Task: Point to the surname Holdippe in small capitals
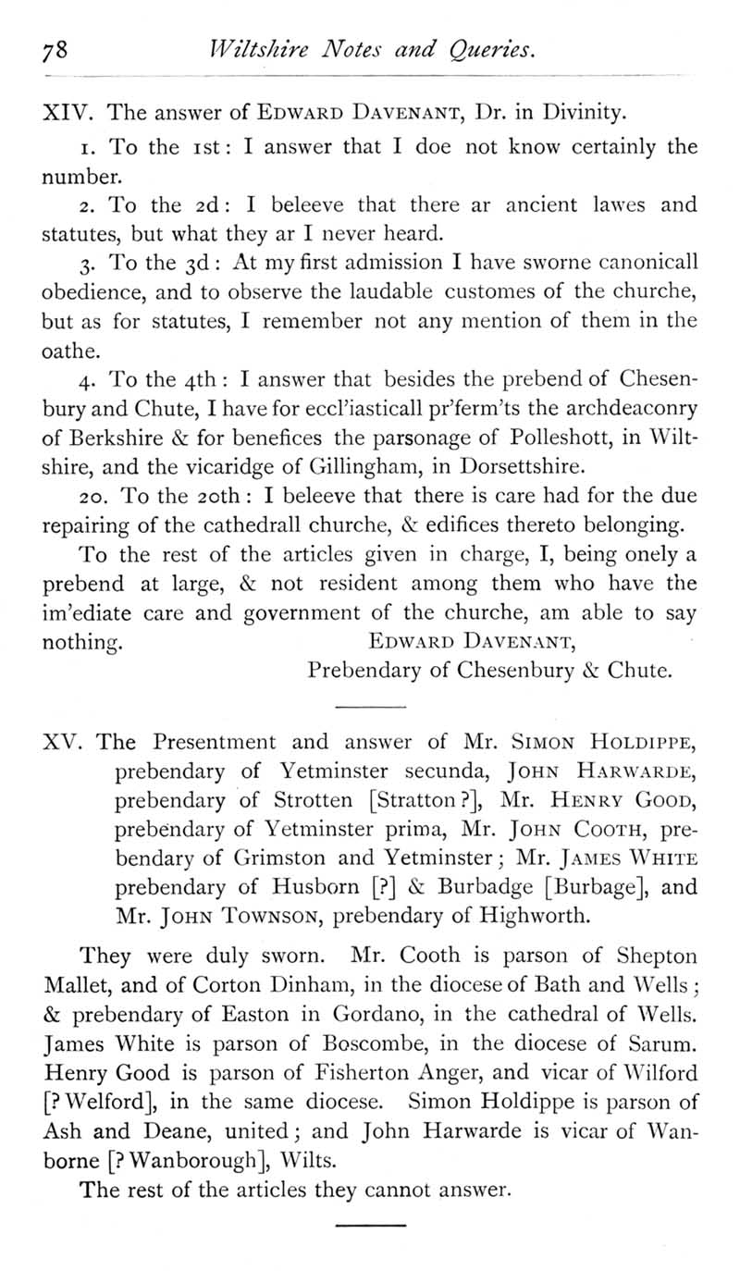click(x=634, y=742)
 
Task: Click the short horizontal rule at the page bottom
click(x=370, y=1226)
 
